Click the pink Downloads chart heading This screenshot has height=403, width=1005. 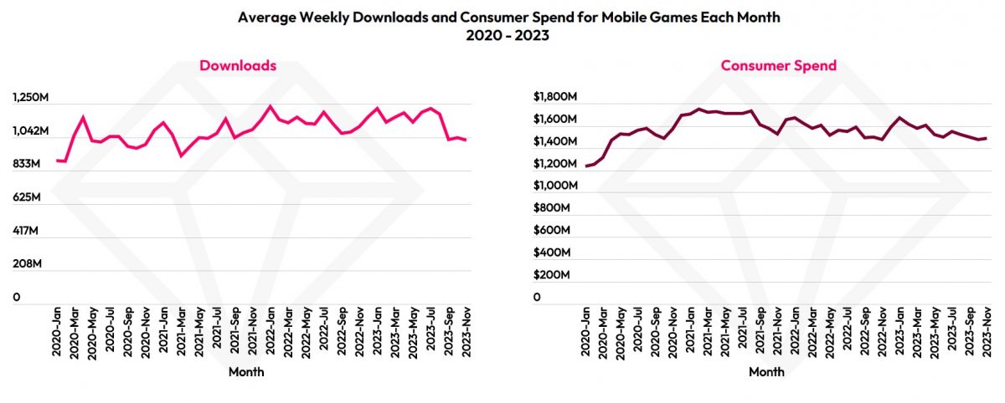[x=238, y=65]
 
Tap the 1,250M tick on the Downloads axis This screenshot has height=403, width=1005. [x=31, y=99]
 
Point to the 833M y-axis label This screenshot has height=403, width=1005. [x=27, y=165]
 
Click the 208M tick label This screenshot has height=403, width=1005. [x=27, y=264]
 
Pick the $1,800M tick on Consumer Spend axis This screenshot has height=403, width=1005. [x=555, y=97]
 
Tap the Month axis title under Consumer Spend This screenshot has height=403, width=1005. [x=767, y=372]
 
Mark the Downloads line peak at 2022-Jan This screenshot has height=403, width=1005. [x=270, y=106]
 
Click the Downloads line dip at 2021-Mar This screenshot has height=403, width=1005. [x=182, y=156]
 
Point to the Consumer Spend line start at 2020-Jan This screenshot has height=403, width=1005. [x=587, y=166]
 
